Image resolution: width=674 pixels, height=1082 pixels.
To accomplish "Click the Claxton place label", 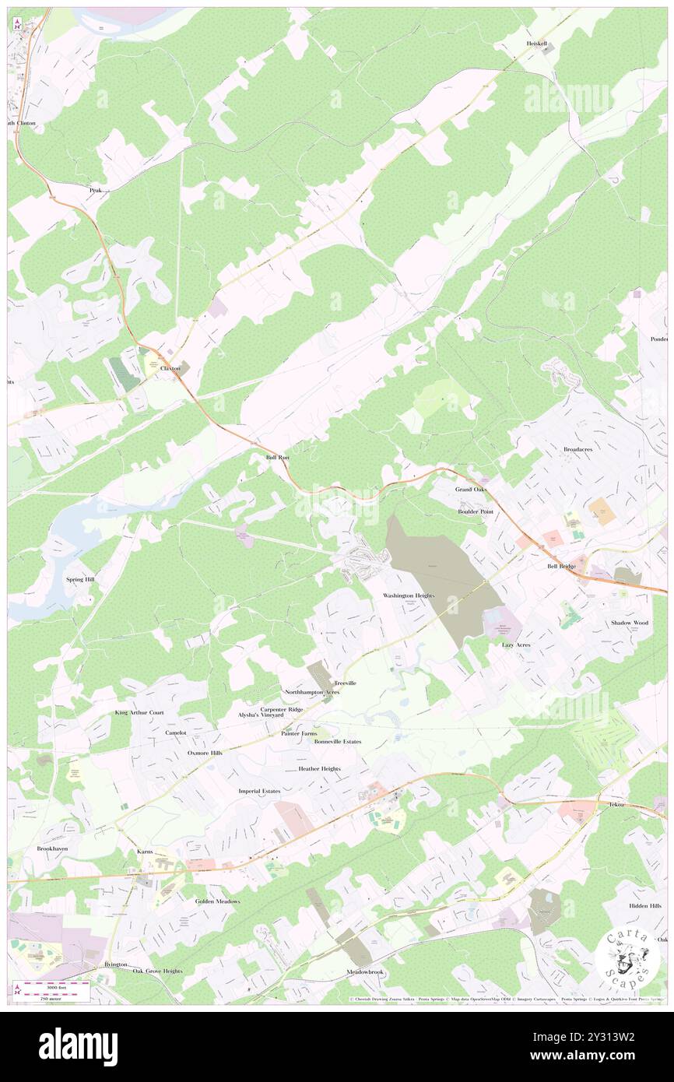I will pyautogui.click(x=170, y=368).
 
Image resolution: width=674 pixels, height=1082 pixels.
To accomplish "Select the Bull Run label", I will pyautogui.click(x=277, y=458).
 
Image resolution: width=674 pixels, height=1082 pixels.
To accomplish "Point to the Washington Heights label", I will pyautogui.click(x=408, y=595).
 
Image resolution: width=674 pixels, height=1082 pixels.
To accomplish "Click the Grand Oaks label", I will pyautogui.click(x=471, y=489).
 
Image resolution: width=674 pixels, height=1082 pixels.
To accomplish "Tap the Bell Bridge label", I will pyautogui.click(x=561, y=566).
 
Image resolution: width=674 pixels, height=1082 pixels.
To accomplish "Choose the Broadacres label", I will pyautogui.click(x=578, y=450).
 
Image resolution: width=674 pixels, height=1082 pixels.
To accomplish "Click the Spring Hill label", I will pyautogui.click(x=80, y=581).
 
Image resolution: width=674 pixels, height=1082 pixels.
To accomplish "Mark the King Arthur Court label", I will pyautogui.click(x=139, y=712).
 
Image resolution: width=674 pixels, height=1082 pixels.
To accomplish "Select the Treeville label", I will pyautogui.click(x=346, y=683).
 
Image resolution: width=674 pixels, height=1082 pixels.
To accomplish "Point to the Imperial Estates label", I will pyautogui.click(x=259, y=791).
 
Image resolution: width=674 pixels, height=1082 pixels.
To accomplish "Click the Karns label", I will pyautogui.click(x=146, y=852).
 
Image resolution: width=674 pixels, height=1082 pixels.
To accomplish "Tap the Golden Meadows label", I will pyautogui.click(x=217, y=901).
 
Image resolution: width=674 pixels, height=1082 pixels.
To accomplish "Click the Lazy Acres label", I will pyautogui.click(x=516, y=645).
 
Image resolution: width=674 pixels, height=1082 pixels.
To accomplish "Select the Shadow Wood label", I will pyautogui.click(x=629, y=623).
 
